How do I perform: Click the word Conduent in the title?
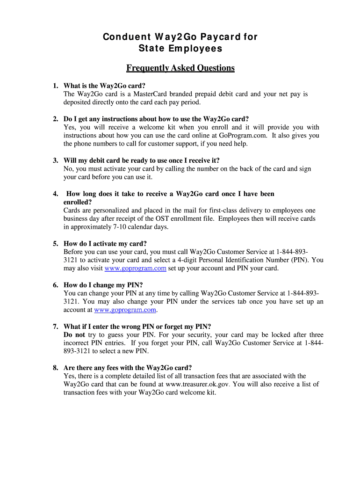tap(123, 37)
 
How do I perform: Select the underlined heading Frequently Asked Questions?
tap(180, 68)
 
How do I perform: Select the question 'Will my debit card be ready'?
tap(141, 160)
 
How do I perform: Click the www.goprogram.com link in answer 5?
tap(136, 269)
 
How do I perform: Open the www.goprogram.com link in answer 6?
tap(125, 310)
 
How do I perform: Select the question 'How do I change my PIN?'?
tap(103, 285)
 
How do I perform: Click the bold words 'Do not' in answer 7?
tap(74, 335)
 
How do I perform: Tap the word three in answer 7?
tap(315, 335)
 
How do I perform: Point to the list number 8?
tap(55, 368)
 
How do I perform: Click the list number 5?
tap(55, 244)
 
